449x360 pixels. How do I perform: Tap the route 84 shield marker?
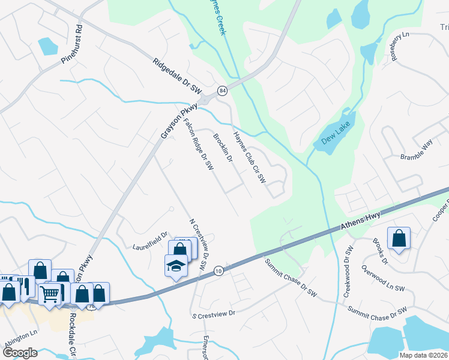(223, 91)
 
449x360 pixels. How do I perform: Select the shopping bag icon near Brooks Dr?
(399, 239)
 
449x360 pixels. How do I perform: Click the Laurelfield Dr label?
(150, 241)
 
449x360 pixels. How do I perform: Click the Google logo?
(20, 352)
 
